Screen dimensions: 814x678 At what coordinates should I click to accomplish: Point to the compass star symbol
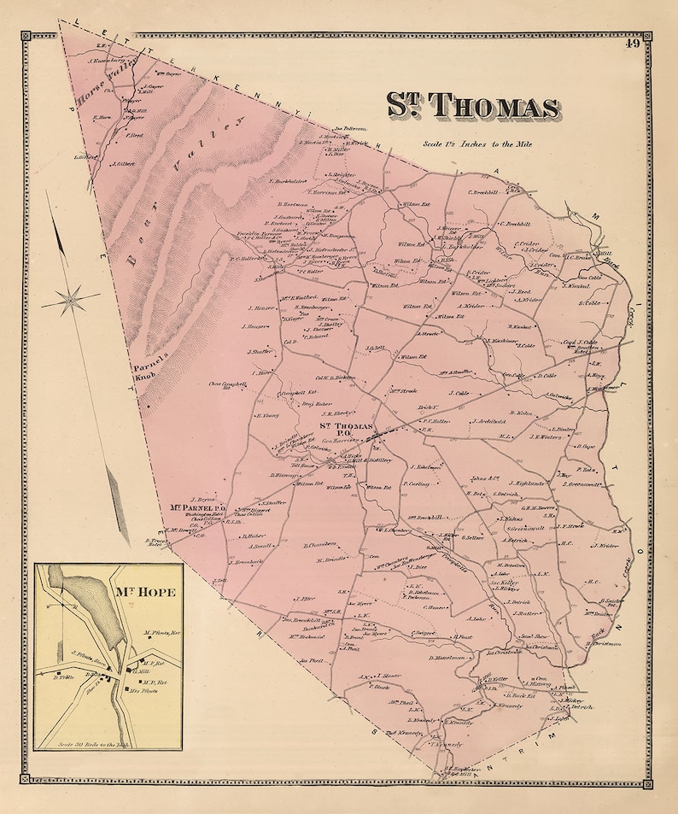[70, 300]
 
